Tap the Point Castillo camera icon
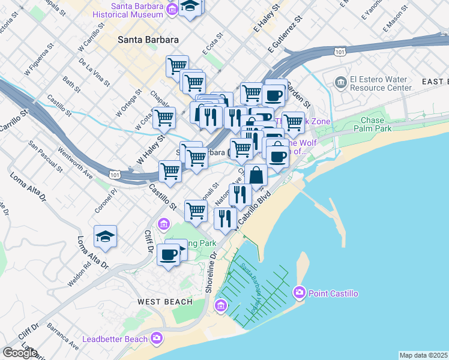pyautogui.click(x=299, y=293)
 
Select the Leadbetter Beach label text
pyautogui.click(x=119, y=339)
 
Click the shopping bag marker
pyautogui.click(x=256, y=176)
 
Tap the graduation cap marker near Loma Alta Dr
pyautogui.click(x=105, y=237)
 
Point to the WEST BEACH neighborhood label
pyautogui.click(x=165, y=302)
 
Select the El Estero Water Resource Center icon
pyautogui.click(x=340, y=81)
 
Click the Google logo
pyautogui.click(x=20, y=352)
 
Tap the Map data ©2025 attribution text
pyautogui.click(x=424, y=355)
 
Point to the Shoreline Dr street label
pyautogui.click(x=211, y=273)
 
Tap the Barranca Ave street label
pyautogui.click(x=64, y=338)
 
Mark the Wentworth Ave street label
pyautogui.click(x=76, y=164)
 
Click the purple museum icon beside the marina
pyautogui.click(x=221, y=307)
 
